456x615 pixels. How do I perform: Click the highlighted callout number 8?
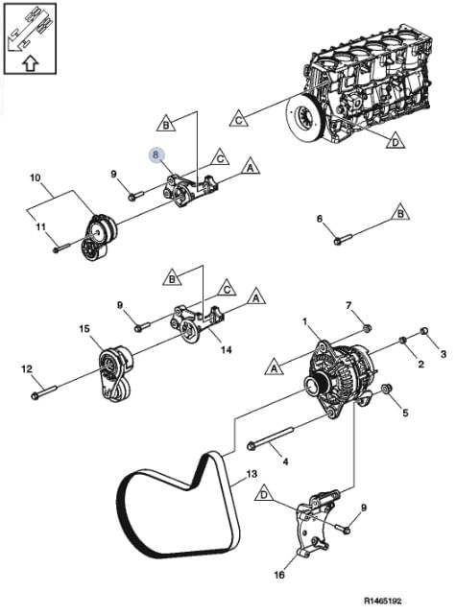click(156, 154)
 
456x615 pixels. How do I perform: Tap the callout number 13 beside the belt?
click(252, 474)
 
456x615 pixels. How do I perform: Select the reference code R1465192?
click(383, 601)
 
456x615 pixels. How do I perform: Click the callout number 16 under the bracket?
click(279, 575)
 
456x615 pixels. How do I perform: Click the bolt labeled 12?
click(44, 392)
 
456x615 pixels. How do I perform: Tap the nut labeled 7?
click(367, 327)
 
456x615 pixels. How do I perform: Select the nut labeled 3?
click(424, 331)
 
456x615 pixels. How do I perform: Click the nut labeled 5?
click(387, 390)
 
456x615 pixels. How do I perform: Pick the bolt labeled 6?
click(344, 239)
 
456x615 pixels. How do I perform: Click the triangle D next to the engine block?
click(396, 141)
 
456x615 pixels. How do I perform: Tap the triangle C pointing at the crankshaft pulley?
click(239, 118)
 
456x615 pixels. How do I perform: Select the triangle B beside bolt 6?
click(400, 212)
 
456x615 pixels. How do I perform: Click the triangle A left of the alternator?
click(274, 367)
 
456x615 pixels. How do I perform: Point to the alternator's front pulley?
click(313, 386)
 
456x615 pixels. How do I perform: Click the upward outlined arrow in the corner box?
click(30, 62)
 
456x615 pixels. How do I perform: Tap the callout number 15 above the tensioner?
click(84, 329)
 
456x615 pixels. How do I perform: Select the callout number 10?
click(36, 177)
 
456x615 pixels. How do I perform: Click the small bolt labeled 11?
click(61, 248)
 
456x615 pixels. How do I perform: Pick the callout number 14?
click(226, 349)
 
